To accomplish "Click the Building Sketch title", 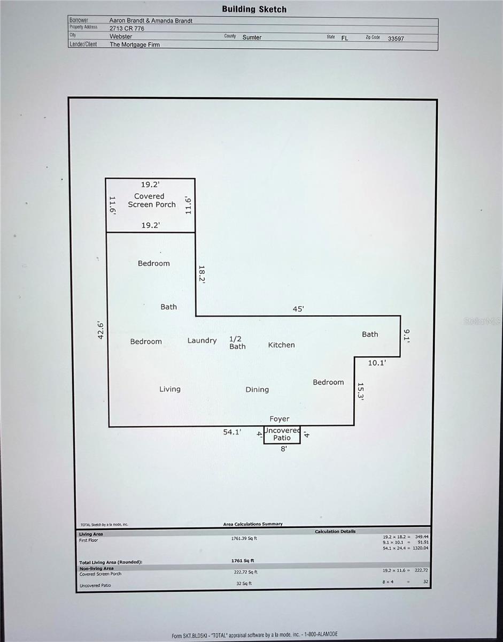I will click(x=254, y=9).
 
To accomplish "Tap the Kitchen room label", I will click(x=281, y=345).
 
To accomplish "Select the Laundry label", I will click(x=202, y=340).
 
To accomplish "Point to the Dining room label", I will click(x=257, y=389).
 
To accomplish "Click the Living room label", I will click(x=170, y=389).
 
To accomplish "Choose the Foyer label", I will click(x=280, y=419).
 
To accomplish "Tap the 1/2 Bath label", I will click(x=237, y=342).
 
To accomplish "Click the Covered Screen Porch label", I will click(x=151, y=201).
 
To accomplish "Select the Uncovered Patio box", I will click(x=282, y=434).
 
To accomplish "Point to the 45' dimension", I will click(x=298, y=309).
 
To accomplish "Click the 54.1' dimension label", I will click(x=233, y=432).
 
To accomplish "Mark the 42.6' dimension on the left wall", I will click(x=99, y=329).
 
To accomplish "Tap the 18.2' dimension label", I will click(x=202, y=274).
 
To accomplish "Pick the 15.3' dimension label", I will click(x=361, y=392).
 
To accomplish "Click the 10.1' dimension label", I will click(x=377, y=363).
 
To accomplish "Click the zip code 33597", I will click(x=396, y=39).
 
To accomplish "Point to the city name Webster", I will click(x=121, y=37).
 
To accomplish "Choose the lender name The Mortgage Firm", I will click(x=135, y=45).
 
